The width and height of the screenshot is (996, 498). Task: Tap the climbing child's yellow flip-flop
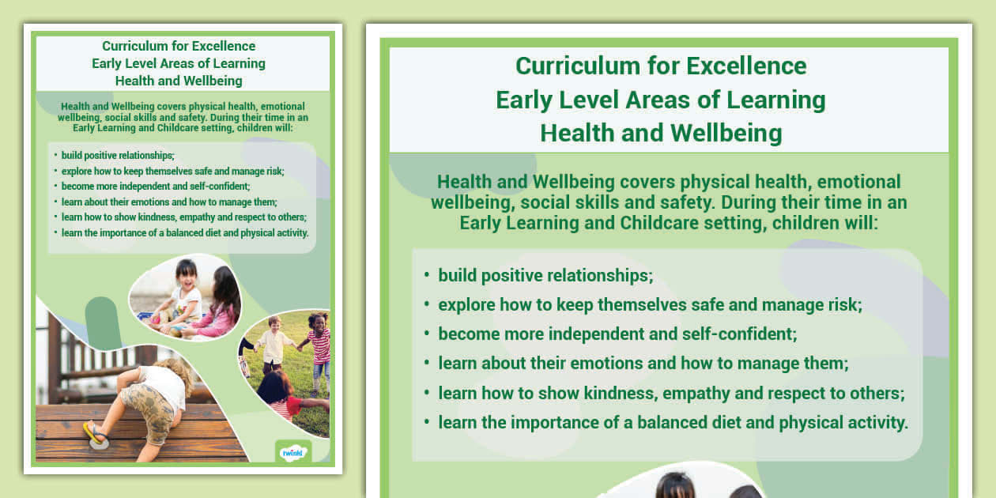94,432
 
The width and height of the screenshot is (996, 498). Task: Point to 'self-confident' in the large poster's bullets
742,334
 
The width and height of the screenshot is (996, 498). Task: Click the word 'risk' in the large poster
842,304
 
